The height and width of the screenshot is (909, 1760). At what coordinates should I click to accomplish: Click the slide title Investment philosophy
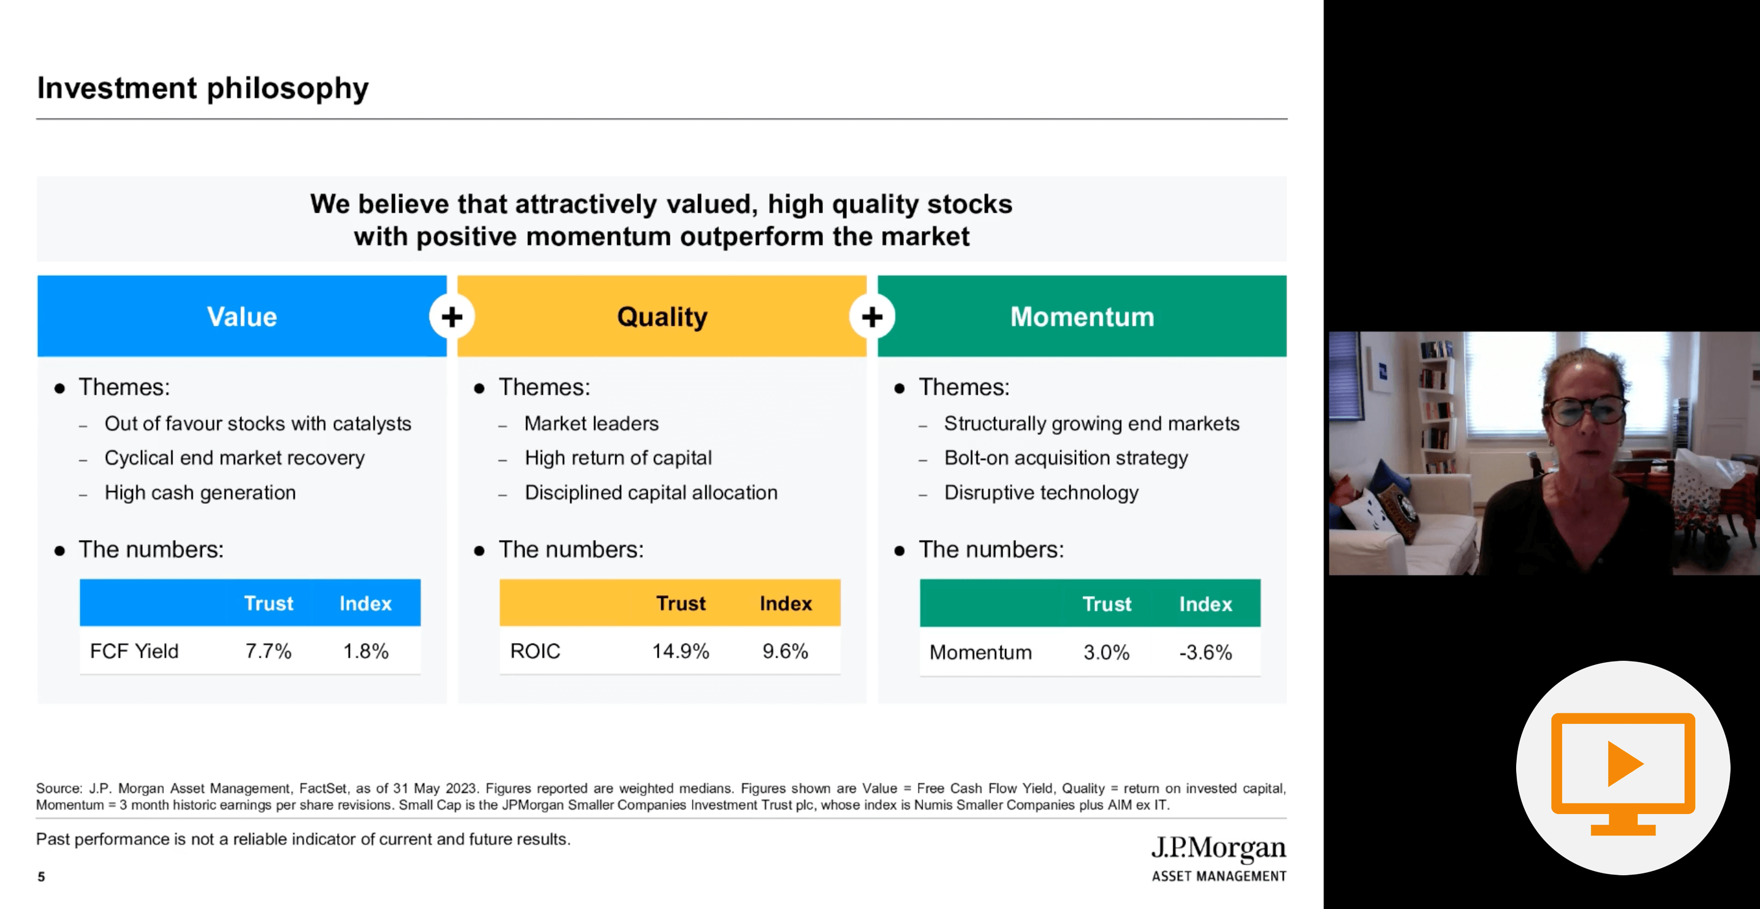pyautogui.click(x=202, y=89)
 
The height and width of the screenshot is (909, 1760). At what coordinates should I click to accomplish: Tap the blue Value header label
pyautogui.click(x=242, y=317)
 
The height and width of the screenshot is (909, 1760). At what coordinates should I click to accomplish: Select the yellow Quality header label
pyautogui.click(x=662, y=318)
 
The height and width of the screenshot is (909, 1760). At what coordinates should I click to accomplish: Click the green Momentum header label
pyautogui.click(x=1082, y=317)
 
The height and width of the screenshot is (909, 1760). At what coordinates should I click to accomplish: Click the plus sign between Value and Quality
pyautogui.click(x=452, y=316)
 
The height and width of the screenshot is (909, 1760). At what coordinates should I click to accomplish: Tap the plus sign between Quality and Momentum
pyautogui.click(x=872, y=316)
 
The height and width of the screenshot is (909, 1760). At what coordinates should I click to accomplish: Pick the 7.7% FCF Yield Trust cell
pyautogui.click(x=268, y=652)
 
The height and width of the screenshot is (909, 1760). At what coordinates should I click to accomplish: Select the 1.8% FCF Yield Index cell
pyautogui.click(x=365, y=652)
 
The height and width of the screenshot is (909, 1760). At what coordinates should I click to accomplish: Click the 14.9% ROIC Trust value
pyautogui.click(x=680, y=652)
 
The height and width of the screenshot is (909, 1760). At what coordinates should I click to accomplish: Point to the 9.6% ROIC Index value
pyautogui.click(x=785, y=652)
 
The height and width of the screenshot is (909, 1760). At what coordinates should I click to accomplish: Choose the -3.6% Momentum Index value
pyautogui.click(x=1205, y=653)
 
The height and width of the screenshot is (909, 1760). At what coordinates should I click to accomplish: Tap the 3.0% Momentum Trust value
pyautogui.click(x=1106, y=653)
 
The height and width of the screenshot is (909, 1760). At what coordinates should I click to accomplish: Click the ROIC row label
pyautogui.click(x=535, y=652)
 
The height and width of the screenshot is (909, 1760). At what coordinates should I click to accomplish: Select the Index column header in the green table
pyautogui.click(x=1205, y=604)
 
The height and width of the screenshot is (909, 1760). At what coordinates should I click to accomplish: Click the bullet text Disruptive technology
pyautogui.click(x=1041, y=493)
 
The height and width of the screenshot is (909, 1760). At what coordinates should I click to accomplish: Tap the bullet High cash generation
pyautogui.click(x=200, y=493)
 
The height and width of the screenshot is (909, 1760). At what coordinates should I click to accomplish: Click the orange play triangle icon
pyautogui.click(x=1625, y=763)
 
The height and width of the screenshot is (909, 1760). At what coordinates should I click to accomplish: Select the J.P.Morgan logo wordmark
pyautogui.click(x=1218, y=848)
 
